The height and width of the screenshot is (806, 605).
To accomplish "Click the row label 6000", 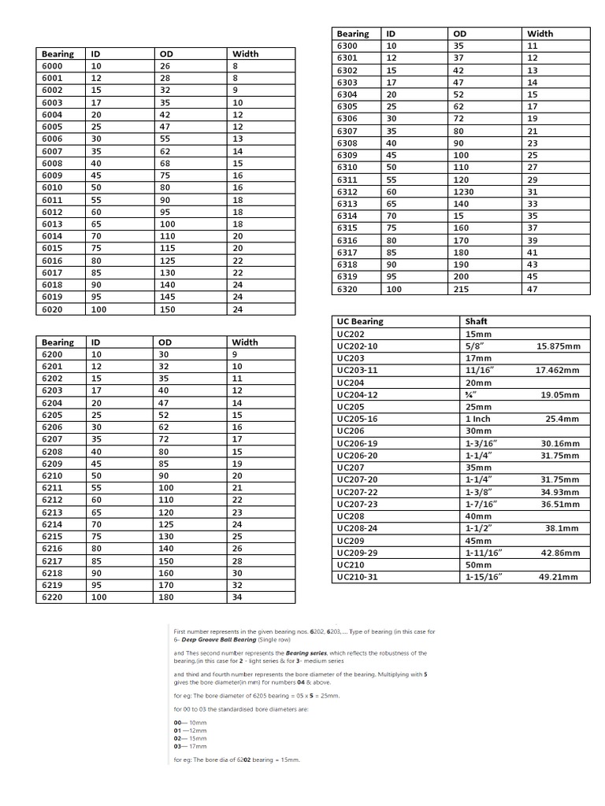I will pos(52,66).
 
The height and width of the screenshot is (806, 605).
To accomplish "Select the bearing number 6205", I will pos(52,415).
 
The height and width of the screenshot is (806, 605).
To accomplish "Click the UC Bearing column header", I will pos(360,321).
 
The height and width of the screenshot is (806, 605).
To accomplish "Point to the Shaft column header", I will pos(477,321).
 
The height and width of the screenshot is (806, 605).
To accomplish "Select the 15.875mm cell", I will pos(558,346).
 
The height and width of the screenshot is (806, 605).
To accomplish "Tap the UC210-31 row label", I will pos(357,577).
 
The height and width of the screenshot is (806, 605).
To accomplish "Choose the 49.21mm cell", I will pos(563,577).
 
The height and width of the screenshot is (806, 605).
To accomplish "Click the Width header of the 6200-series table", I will pos(244,342).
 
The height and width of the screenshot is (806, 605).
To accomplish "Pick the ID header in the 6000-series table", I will pos(95,54).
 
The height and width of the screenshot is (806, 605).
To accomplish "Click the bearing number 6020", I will pos(52,309).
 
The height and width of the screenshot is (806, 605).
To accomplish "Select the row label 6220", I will pos(52,597).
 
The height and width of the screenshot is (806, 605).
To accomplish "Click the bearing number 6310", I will pos(347,168).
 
